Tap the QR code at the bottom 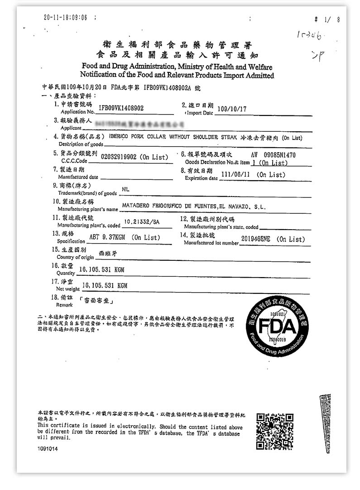click(274, 431)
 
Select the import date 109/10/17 click(232, 110)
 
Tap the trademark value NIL click(126, 189)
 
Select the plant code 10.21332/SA click(142, 221)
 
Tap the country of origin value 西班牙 click(108, 254)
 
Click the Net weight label click(68, 288)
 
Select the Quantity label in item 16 click(66, 274)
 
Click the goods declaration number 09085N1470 click(279, 155)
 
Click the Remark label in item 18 click(65, 305)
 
